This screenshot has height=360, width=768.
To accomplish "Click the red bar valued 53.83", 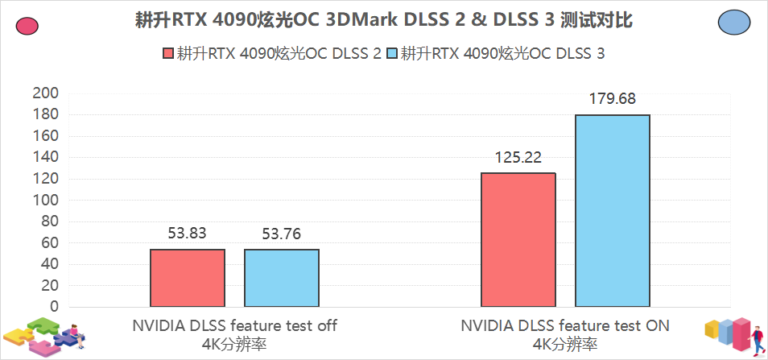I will tap(188, 278).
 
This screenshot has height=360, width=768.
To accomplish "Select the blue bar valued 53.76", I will tap(282, 278).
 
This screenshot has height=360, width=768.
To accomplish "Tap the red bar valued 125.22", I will tap(518, 240).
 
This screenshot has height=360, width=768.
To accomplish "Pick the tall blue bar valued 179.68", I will tap(613, 211).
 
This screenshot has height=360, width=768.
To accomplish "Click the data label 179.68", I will tap(613, 99).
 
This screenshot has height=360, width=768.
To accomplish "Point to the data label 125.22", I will tap(518, 157).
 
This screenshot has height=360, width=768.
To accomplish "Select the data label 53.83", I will tap(188, 234).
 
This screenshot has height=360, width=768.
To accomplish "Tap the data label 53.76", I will tap(282, 234).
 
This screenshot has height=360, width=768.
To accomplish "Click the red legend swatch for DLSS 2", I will tap(168, 55).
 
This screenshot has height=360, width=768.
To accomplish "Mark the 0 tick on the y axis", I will tap(54, 307).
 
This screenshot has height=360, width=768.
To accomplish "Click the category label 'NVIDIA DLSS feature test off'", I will tap(234, 326).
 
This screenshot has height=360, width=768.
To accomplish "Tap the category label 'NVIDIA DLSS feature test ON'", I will tap(565, 326).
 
